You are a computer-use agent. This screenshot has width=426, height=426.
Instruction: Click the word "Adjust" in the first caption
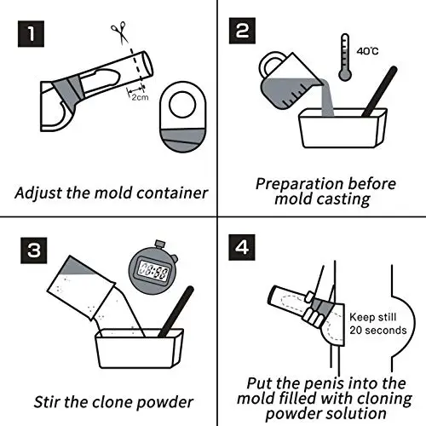pos(40,192)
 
